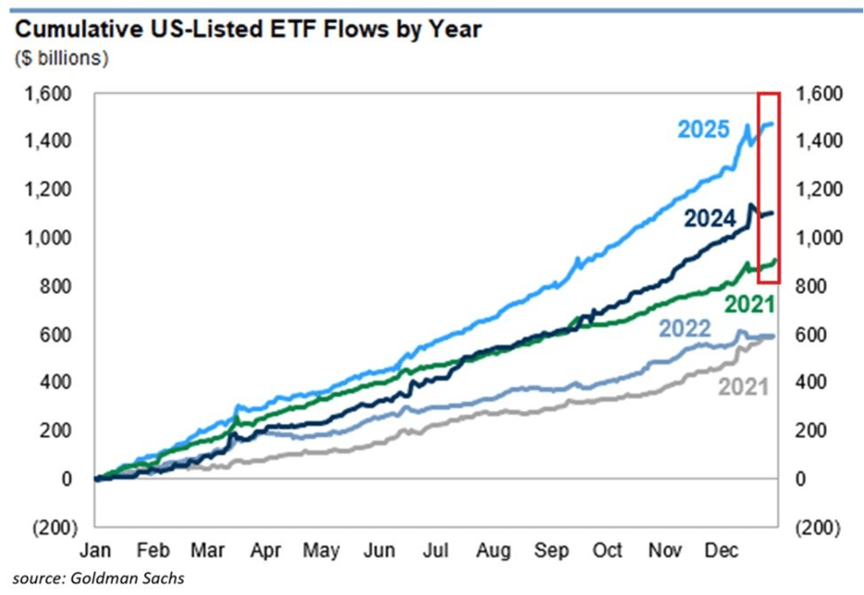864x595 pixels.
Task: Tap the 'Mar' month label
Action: point(208,550)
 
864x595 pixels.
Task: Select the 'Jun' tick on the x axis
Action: point(379,550)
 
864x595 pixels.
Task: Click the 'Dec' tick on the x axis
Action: point(721,550)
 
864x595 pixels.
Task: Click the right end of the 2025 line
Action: point(773,124)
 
